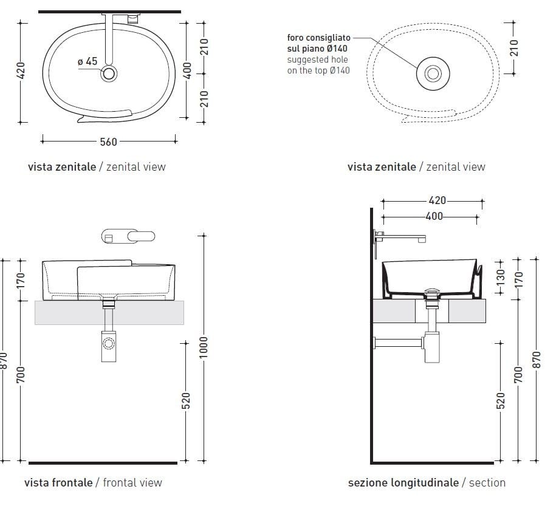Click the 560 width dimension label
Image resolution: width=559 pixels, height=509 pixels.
click(108, 142)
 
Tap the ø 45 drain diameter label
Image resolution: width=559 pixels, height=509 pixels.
click(87, 61)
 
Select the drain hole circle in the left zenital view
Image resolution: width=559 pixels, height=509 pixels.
click(109, 73)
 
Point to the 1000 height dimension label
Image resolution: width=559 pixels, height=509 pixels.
click(203, 347)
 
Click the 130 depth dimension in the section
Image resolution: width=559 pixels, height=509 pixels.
click(501, 277)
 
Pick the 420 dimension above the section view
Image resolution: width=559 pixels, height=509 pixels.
click(437, 200)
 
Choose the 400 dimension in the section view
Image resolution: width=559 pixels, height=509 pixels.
click(434, 216)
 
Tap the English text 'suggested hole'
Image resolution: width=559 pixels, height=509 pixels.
click(318, 60)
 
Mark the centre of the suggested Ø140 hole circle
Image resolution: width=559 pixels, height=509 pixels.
click(433, 73)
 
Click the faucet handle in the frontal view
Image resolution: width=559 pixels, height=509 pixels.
click(142, 236)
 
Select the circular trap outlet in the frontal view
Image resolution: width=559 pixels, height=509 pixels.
click(108, 343)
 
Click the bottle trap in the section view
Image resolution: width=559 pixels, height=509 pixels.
click(432, 347)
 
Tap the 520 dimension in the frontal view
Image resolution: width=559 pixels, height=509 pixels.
click(186, 401)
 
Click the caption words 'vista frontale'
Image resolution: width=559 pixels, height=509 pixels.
click(58, 483)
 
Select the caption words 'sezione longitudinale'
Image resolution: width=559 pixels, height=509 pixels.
click(403, 483)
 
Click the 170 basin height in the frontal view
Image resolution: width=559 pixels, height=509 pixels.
click(21, 281)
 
